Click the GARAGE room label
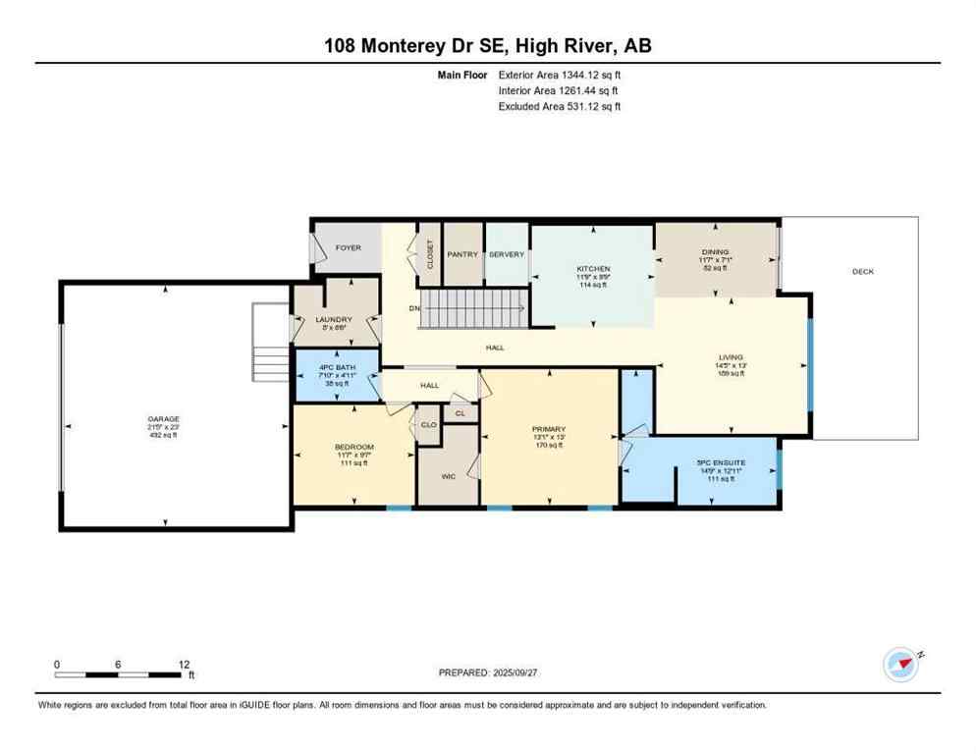164,419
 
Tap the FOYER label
349,248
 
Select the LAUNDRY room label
334,319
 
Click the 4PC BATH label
337,368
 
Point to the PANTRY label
462,254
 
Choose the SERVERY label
507,254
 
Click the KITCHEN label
593,268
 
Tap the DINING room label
716,250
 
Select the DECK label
862,272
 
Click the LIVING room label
731,357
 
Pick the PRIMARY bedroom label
549,428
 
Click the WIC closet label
448,476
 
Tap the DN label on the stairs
414,307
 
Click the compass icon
900,665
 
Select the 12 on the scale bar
184,665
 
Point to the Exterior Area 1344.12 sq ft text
560,74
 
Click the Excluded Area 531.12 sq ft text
560,107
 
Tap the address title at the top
488,45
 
